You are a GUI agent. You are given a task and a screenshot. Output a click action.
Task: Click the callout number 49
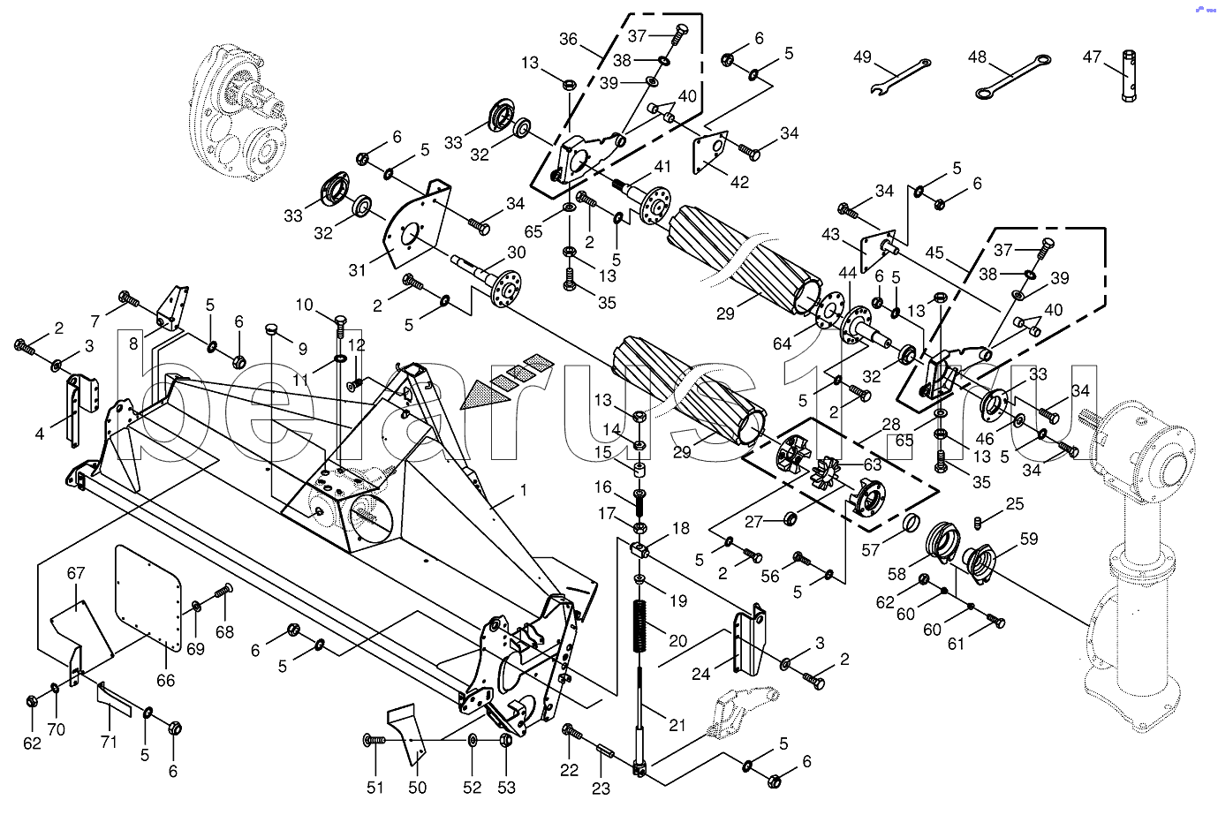coord(862,57)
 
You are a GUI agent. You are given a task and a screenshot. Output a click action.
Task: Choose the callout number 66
coord(165,680)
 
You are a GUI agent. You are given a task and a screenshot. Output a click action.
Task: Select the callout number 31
coord(357,270)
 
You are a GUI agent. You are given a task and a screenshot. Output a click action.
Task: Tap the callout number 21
coord(677,725)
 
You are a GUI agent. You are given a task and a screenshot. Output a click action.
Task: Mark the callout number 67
coord(76,574)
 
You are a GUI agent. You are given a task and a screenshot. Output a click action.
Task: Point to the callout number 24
coord(700,674)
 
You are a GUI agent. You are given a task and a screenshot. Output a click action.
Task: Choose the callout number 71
coord(108,742)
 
